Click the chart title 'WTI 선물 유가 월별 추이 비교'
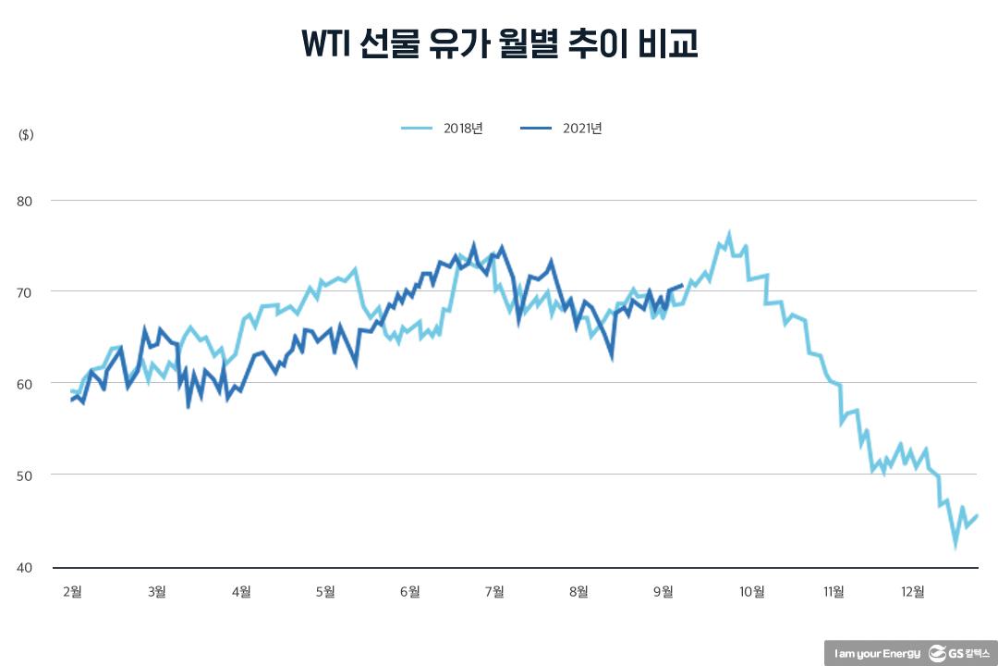(499, 43)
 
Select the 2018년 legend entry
(443, 129)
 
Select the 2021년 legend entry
(562, 129)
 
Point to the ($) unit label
(26, 135)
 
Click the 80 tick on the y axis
(26, 201)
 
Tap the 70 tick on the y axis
(26, 292)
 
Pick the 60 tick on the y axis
(26, 384)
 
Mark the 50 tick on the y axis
(26, 475)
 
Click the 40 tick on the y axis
(26, 567)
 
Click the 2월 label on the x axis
(71, 592)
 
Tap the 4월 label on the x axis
(240, 592)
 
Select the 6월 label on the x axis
(410, 592)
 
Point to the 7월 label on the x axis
(494, 592)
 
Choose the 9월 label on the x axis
(663, 592)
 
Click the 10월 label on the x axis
(752, 592)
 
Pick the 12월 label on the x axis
(912, 592)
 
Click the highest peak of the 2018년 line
(729, 235)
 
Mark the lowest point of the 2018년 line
(955, 546)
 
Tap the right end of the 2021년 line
(682, 285)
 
